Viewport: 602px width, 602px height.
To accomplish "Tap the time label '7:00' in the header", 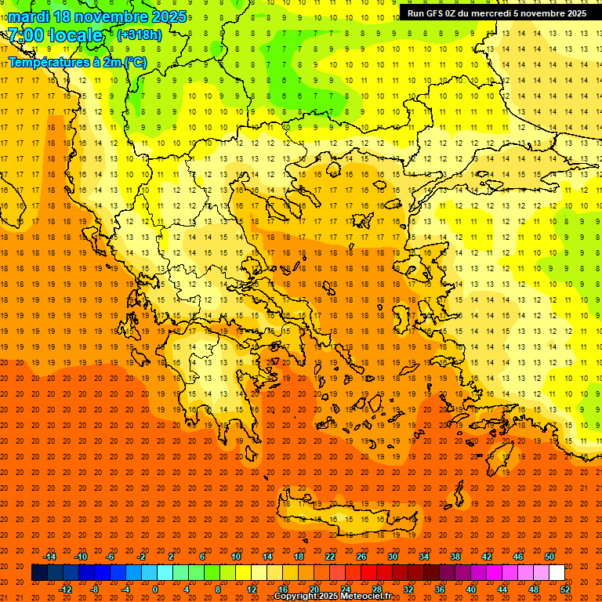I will coord(26,35).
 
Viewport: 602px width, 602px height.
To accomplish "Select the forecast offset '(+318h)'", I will coord(140,34).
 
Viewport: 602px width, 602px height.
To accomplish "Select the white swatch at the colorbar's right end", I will coord(557,573).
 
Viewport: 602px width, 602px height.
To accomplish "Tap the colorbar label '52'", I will coord(565,589).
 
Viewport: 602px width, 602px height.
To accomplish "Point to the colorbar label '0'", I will coord(155,589).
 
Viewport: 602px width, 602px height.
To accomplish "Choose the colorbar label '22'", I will coord(329,557).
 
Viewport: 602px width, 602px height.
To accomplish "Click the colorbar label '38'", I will coord(455,557).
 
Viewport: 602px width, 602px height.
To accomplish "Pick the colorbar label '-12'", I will coord(65,589).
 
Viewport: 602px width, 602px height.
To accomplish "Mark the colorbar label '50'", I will coord(549,557).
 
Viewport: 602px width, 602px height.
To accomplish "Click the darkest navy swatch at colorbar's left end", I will coord(39,573).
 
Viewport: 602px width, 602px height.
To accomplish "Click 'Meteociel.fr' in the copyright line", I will coord(365,597).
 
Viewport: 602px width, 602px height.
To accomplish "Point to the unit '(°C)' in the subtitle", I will coord(134,62).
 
